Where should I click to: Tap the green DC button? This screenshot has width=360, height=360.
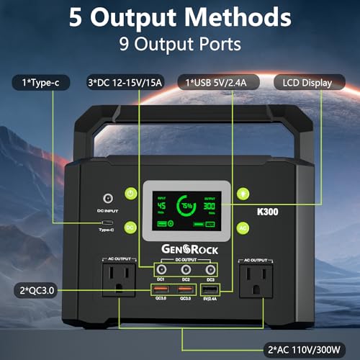point(130,226)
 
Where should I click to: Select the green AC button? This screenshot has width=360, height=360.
point(244,226)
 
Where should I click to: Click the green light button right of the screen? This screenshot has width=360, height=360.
point(244,193)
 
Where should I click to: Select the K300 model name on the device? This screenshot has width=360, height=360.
point(269,213)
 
